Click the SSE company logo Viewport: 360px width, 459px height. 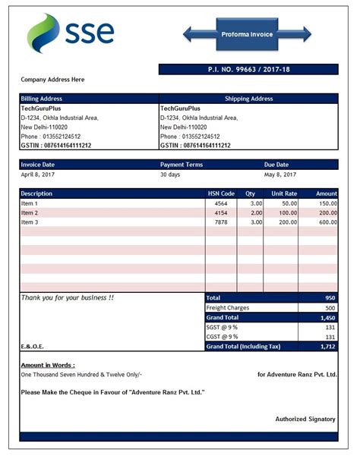(x=71, y=33)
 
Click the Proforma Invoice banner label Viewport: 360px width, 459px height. (x=247, y=34)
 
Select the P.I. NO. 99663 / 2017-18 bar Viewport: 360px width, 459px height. (x=248, y=69)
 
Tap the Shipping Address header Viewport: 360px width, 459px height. (x=248, y=99)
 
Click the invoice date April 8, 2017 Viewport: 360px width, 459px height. (x=39, y=174)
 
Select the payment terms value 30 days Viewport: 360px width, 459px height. (x=171, y=174)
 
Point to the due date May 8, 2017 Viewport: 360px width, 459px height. (x=279, y=174)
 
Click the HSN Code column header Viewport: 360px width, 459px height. (x=221, y=193)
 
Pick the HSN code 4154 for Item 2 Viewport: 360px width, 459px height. (x=221, y=213)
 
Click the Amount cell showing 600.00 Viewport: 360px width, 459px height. (x=327, y=222)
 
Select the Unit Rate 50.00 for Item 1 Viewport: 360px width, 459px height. (x=289, y=203)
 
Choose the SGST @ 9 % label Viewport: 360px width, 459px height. (x=222, y=327)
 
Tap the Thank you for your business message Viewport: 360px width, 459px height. (x=68, y=297)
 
